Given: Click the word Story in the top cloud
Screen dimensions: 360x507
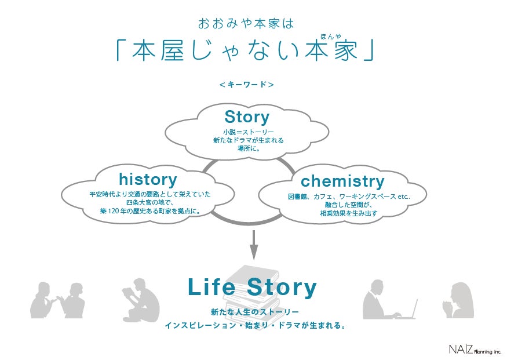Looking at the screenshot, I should pos(247,117).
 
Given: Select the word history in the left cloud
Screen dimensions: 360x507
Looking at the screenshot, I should pos(148,179).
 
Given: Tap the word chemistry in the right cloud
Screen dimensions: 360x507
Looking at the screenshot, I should pos(342,181).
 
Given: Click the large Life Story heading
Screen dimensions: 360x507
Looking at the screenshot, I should pos(253,288).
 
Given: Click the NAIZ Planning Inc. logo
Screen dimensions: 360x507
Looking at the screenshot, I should pos(475,349).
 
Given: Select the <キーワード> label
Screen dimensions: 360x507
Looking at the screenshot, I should pos(247,85).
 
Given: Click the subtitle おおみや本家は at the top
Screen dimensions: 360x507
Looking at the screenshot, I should pos(246,24).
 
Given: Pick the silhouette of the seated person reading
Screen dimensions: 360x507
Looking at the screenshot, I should pos(141,300).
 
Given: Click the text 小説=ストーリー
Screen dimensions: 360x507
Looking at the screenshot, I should pos(247,132).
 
